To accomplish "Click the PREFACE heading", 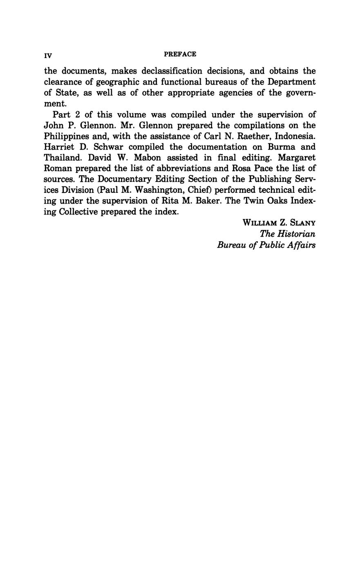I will pyautogui.click(x=180, y=54).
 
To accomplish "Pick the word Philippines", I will pyautogui.click(x=67, y=136).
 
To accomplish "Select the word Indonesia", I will pyautogui.click(x=296, y=136).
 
